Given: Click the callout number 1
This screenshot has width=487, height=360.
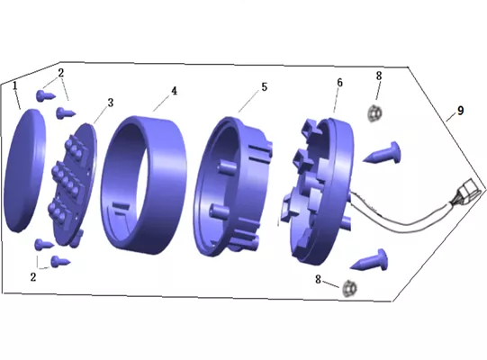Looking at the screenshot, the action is pos(15,85).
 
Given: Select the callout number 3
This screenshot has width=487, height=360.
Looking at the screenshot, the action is pos(110,103).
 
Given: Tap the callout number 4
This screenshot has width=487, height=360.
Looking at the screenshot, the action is pos(174,91).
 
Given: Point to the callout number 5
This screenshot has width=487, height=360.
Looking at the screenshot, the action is pos(264,87).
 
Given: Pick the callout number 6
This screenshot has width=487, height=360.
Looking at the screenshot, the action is pos(339,83).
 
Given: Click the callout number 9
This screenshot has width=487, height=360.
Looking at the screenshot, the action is pos(460,111).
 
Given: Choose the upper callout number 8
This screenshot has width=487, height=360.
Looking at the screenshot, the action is pos(379,76).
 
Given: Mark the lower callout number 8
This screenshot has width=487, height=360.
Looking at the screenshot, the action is pos(318,280).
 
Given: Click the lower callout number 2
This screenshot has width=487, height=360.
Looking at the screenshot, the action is pos(33,277).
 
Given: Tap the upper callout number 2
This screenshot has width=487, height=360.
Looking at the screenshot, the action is pos(61,73).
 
